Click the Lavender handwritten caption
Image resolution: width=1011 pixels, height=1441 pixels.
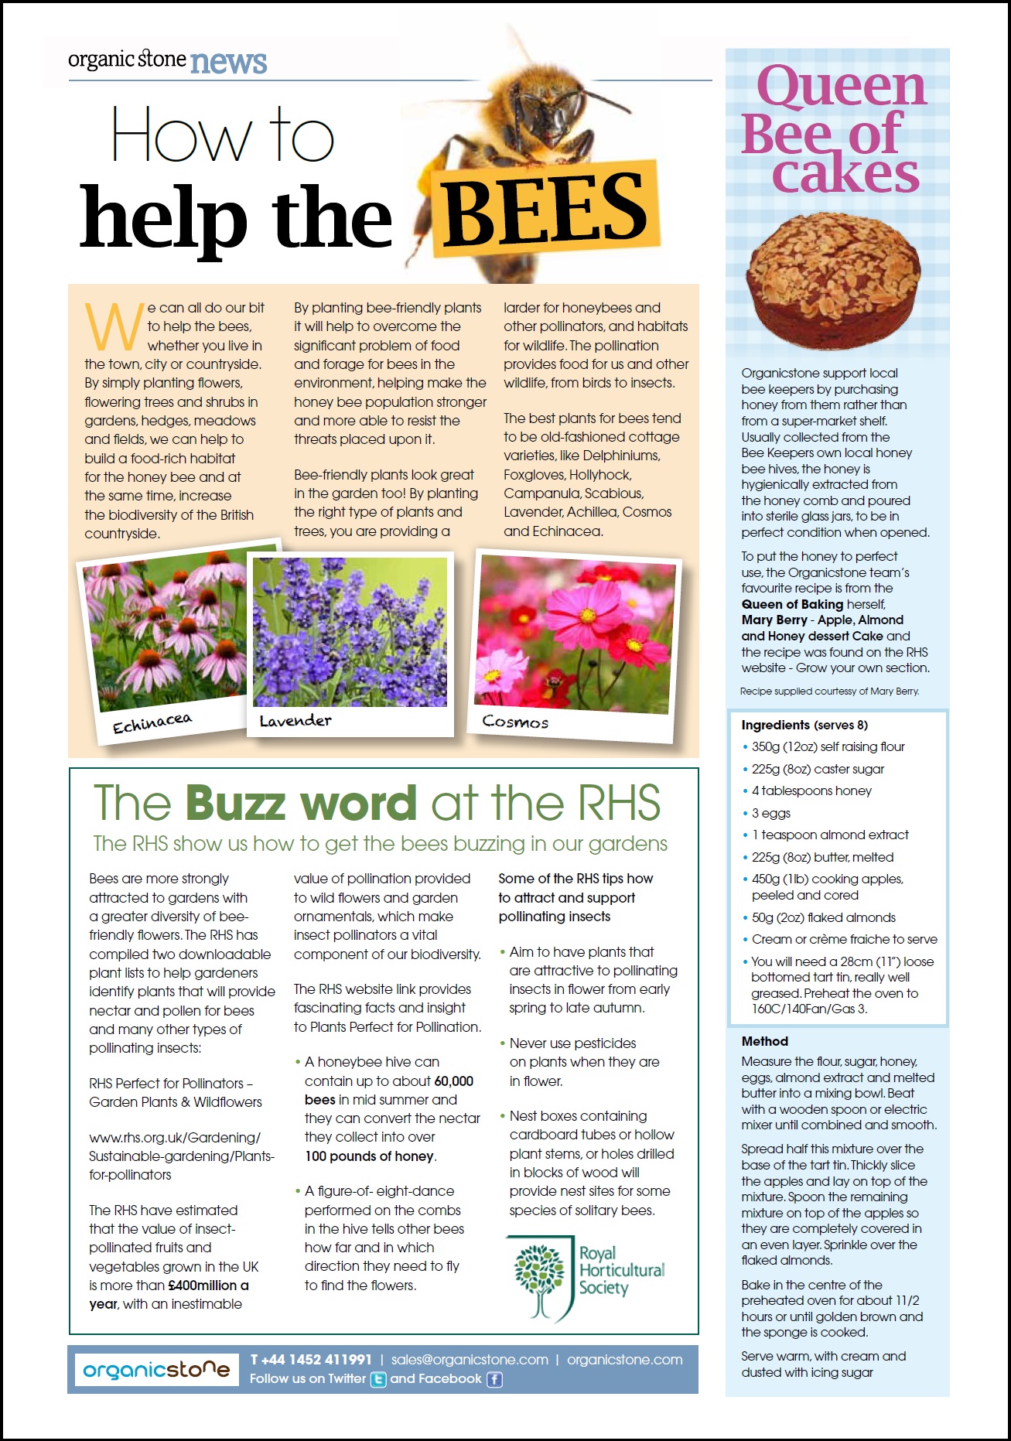click(x=295, y=721)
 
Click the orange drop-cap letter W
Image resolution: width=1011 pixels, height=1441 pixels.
click(x=114, y=326)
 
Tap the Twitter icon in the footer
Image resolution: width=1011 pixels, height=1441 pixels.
click(x=378, y=1379)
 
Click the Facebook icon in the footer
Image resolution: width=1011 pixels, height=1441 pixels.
click(x=494, y=1379)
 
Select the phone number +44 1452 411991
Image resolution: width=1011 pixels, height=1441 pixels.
click(x=311, y=1360)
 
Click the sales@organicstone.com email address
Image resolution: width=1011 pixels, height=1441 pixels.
click(x=470, y=1360)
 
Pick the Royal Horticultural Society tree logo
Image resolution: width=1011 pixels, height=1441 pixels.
click(x=540, y=1277)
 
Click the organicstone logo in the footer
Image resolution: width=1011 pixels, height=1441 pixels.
click(x=156, y=1370)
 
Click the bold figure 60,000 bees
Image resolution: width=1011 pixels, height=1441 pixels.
click(x=453, y=1081)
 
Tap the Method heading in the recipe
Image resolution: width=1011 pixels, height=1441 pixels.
click(x=764, y=1042)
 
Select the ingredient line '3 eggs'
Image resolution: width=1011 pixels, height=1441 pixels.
click(x=771, y=813)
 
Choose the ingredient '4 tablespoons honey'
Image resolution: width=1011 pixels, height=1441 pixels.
click(x=811, y=791)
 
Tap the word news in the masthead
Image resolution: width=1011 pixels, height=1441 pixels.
click(x=228, y=61)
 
